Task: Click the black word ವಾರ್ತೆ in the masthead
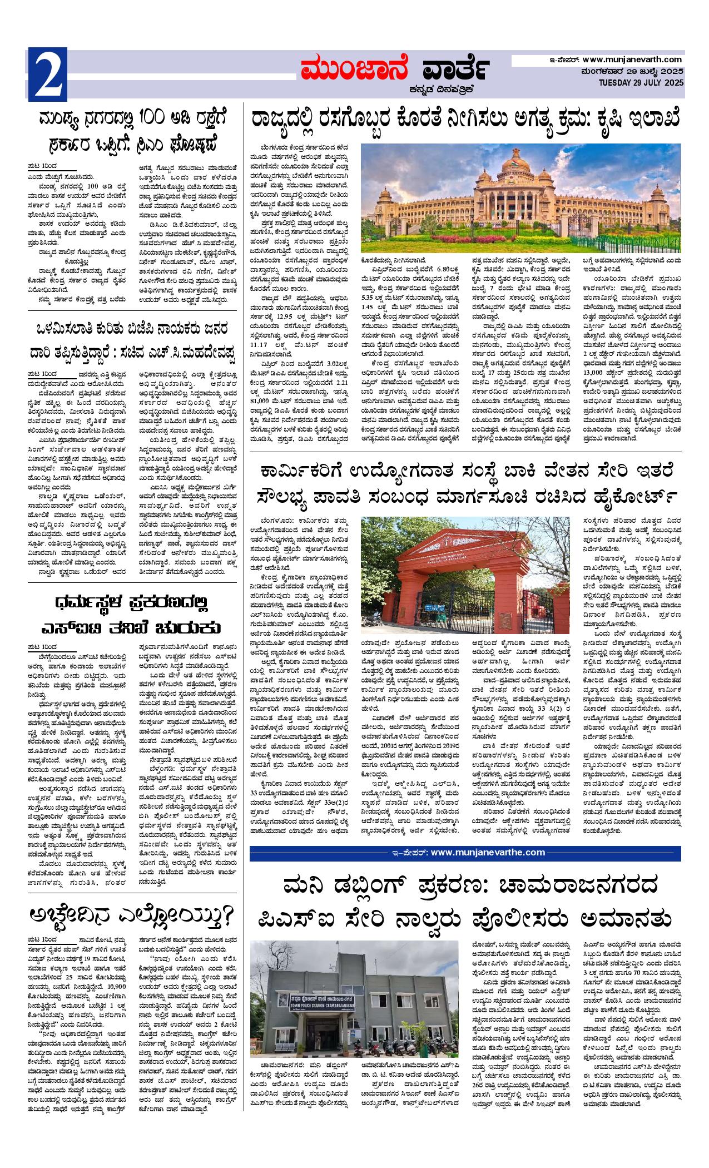451,71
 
